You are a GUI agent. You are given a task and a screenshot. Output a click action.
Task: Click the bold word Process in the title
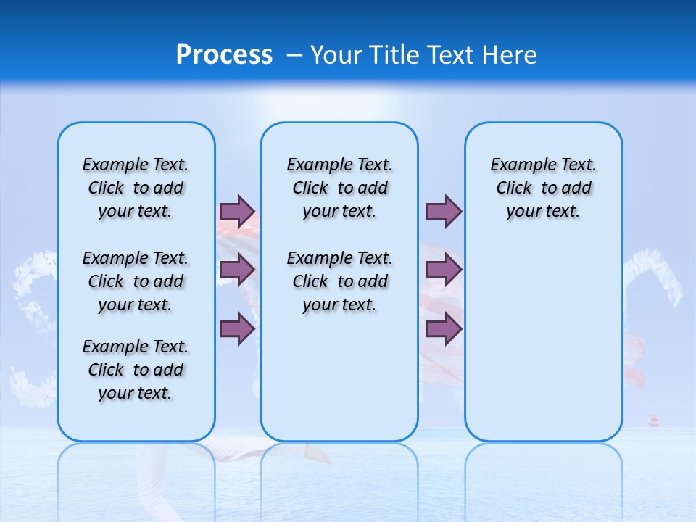[224, 55]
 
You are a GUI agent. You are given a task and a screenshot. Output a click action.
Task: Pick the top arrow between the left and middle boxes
[237, 211]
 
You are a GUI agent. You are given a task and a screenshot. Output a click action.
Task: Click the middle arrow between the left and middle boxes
[237, 270]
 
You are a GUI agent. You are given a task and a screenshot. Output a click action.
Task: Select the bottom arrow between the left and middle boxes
[237, 329]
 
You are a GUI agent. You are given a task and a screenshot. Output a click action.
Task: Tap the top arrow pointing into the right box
[444, 211]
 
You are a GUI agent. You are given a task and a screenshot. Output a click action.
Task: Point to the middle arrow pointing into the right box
[444, 270]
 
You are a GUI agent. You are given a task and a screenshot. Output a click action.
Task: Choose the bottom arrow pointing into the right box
[444, 329]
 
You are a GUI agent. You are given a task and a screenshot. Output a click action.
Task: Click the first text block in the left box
[136, 188]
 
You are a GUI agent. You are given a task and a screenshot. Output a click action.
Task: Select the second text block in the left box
[136, 281]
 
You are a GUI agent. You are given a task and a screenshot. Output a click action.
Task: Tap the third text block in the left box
[136, 370]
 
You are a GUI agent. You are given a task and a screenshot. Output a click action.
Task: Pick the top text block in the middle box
[339, 188]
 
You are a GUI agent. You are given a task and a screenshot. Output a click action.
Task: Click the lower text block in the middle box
[339, 281]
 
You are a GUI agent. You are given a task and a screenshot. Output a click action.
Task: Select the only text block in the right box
[543, 188]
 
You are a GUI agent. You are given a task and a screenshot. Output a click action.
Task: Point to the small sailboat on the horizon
[652, 421]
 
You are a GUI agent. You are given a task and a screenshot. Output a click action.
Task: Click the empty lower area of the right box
[543, 348]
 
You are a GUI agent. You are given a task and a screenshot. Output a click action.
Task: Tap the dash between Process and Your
[295, 55]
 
